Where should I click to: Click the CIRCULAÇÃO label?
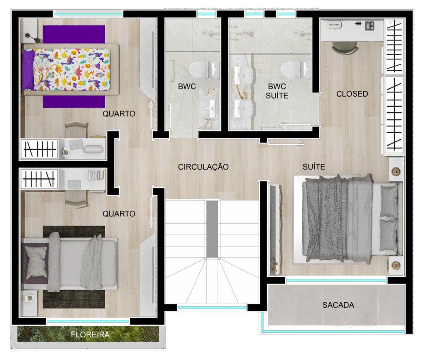[x=203, y=167]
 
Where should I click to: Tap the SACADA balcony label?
[x=338, y=305]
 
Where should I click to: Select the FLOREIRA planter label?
[x=90, y=334]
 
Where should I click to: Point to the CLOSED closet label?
[x=352, y=94]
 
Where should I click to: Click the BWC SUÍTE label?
[x=277, y=91]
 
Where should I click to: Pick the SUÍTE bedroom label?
[x=314, y=167]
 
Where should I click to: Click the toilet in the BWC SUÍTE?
[x=295, y=69]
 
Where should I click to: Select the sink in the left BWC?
[x=207, y=108]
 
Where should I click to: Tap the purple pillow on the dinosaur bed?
[x=28, y=69]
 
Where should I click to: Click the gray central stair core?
[x=212, y=229]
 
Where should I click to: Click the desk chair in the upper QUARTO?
[x=76, y=129]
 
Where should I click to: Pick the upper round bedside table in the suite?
[x=396, y=172]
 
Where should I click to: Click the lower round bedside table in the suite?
[x=396, y=265]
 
